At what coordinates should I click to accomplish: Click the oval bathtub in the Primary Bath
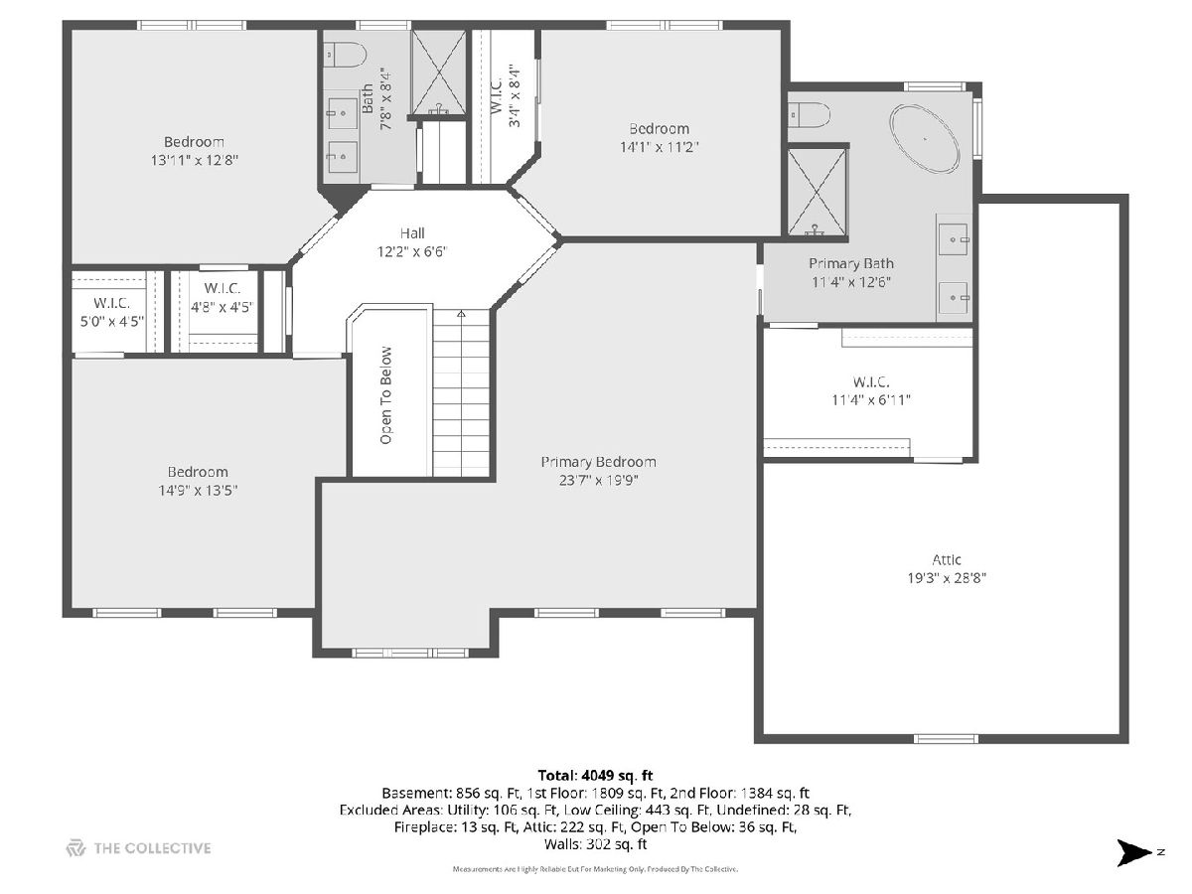click(924, 139)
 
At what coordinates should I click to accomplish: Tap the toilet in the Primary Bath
click(810, 114)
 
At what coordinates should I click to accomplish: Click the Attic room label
click(947, 559)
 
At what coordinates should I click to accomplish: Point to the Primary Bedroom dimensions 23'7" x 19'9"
click(598, 481)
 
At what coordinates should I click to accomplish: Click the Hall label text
click(412, 233)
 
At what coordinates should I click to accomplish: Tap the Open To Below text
click(385, 395)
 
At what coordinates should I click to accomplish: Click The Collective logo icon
click(75, 848)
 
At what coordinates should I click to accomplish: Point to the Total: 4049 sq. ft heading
click(595, 775)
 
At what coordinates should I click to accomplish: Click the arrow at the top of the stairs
click(461, 314)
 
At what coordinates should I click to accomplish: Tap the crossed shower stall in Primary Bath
click(817, 193)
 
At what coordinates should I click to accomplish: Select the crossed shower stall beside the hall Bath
click(438, 73)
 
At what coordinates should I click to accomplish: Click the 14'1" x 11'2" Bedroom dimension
click(660, 147)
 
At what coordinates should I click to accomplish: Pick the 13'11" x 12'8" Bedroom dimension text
click(195, 160)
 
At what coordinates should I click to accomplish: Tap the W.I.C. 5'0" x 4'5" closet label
click(112, 312)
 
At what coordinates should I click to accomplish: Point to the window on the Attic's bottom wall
click(946, 739)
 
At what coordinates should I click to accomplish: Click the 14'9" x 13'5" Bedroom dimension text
click(198, 491)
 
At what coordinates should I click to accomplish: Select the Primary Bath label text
click(851, 263)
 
